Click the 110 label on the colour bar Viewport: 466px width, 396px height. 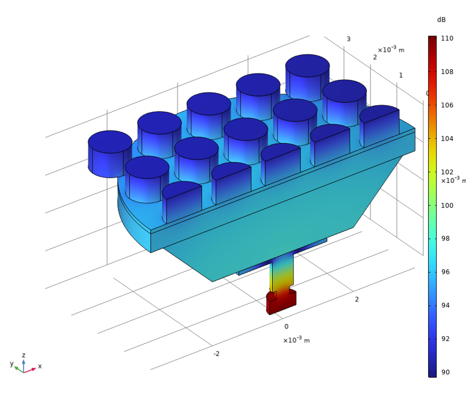(447, 38)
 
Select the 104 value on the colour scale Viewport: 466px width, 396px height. (447, 138)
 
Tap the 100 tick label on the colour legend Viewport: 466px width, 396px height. (447, 205)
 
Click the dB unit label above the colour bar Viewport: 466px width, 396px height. (441, 20)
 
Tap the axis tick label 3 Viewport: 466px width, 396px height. (349, 39)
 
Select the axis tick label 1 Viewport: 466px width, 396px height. (401, 75)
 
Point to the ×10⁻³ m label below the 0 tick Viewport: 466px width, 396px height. (296, 340)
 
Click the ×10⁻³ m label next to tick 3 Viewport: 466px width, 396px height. (391, 50)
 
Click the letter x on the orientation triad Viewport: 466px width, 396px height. (40, 366)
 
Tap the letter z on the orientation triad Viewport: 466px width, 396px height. (24, 355)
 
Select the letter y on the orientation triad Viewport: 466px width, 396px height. (12, 364)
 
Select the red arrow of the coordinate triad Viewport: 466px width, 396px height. (30, 370)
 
